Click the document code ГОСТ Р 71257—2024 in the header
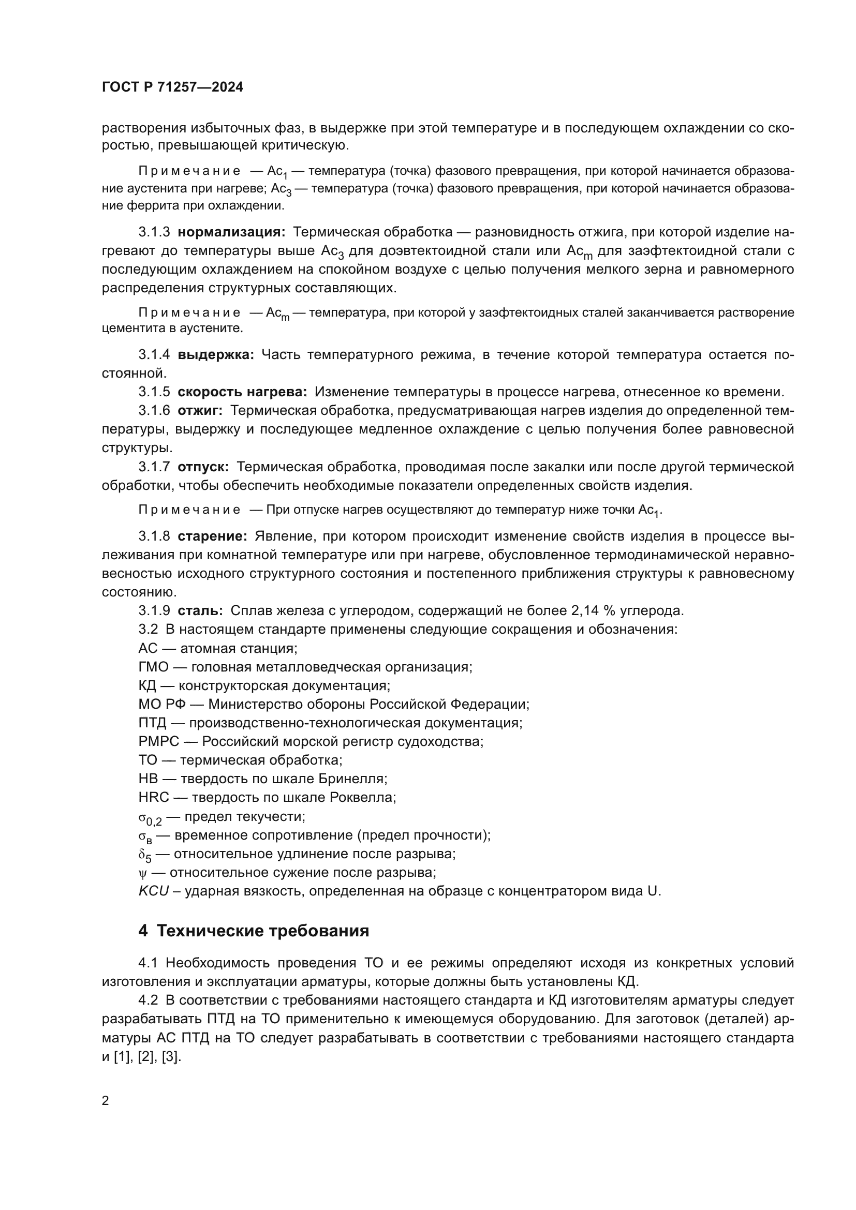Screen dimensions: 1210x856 click(x=172, y=87)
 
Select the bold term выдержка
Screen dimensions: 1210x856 click(x=216, y=355)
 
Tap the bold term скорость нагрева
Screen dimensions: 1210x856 click(x=242, y=392)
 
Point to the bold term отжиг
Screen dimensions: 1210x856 click(x=200, y=411)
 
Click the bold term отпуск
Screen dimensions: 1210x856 click(x=203, y=467)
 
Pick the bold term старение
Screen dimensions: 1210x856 click(x=212, y=536)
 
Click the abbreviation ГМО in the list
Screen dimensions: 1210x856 click(x=153, y=667)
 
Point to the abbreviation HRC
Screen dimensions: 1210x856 click(x=153, y=797)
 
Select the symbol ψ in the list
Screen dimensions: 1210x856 click(x=141, y=873)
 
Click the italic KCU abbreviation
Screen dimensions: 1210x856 click(x=153, y=891)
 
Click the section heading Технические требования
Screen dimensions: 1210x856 click(x=262, y=931)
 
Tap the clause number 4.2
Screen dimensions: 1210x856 click(x=148, y=1000)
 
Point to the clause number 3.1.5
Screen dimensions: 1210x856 click(x=154, y=392)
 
